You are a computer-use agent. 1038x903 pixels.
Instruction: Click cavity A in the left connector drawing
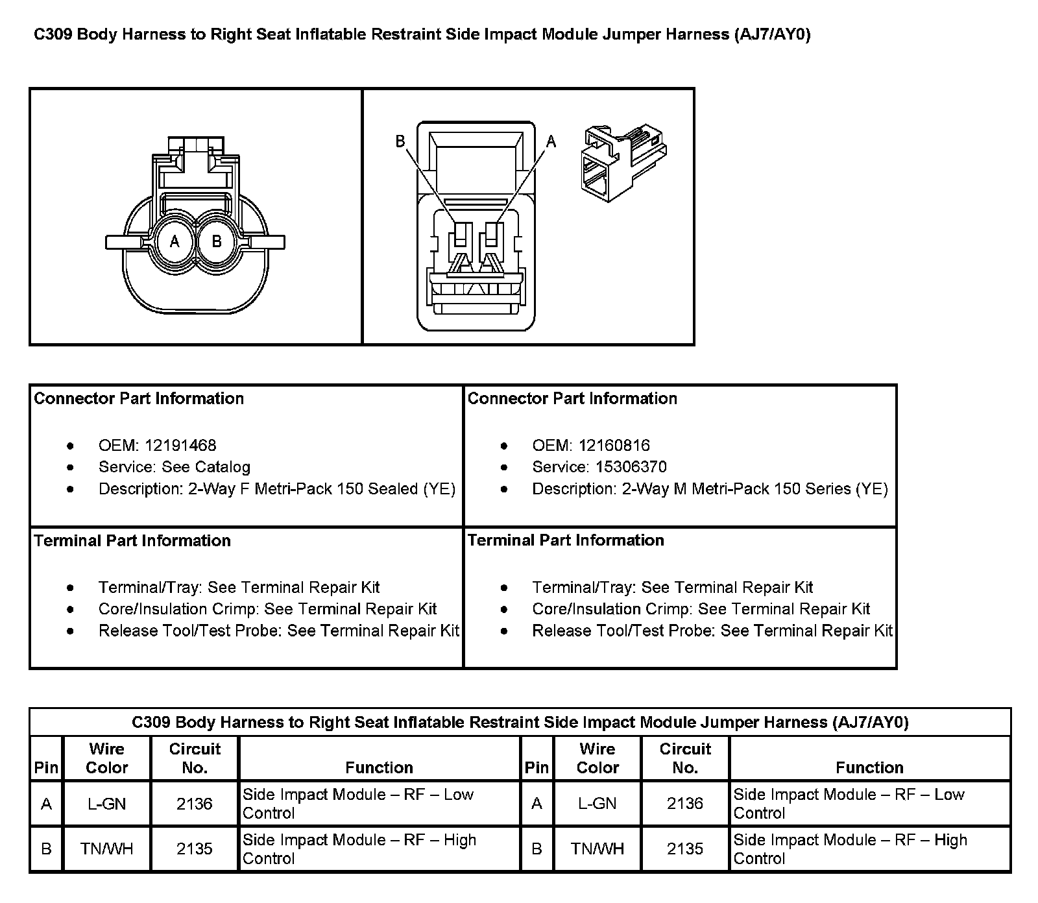(x=174, y=242)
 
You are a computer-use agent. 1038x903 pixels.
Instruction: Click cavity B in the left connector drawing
(x=217, y=242)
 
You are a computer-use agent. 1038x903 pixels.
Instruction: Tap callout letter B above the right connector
(x=400, y=141)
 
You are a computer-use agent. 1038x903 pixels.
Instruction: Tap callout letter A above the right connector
(x=551, y=141)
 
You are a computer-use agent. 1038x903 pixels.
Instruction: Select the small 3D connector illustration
(x=623, y=162)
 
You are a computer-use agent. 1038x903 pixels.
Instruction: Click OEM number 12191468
(x=180, y=446)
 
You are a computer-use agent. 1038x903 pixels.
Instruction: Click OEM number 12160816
(x=614, y=446)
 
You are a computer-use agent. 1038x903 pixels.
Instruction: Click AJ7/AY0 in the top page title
(x=773, y=34)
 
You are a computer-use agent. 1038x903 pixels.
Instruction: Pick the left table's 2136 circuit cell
(x=195, y=804)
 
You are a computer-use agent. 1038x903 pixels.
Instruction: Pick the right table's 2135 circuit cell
(x=685, y=849)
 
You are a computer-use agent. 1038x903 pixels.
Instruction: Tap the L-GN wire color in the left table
(x=107, y=804)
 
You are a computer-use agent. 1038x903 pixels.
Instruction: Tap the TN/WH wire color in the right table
(x=597, y=849)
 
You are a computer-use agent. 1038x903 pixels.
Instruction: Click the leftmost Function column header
(x=379, y=767)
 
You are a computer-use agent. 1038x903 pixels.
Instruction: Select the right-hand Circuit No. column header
(x=685, y=758)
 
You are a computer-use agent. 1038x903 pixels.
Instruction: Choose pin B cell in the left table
(x=46, y=849)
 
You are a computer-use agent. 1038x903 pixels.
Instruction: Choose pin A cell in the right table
(x=537, y=804)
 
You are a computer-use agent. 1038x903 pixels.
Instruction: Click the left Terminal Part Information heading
(x=132, y=541)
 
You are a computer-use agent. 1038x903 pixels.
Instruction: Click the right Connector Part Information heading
(x=572, y=398)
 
